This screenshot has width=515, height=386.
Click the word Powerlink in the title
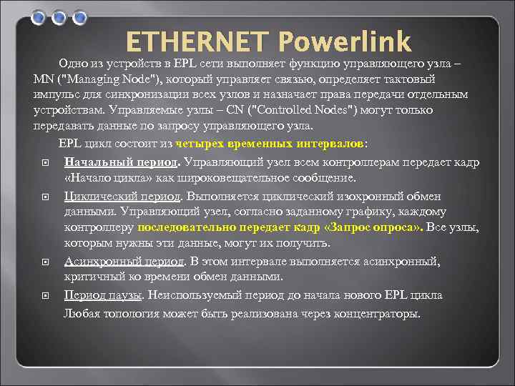344,41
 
